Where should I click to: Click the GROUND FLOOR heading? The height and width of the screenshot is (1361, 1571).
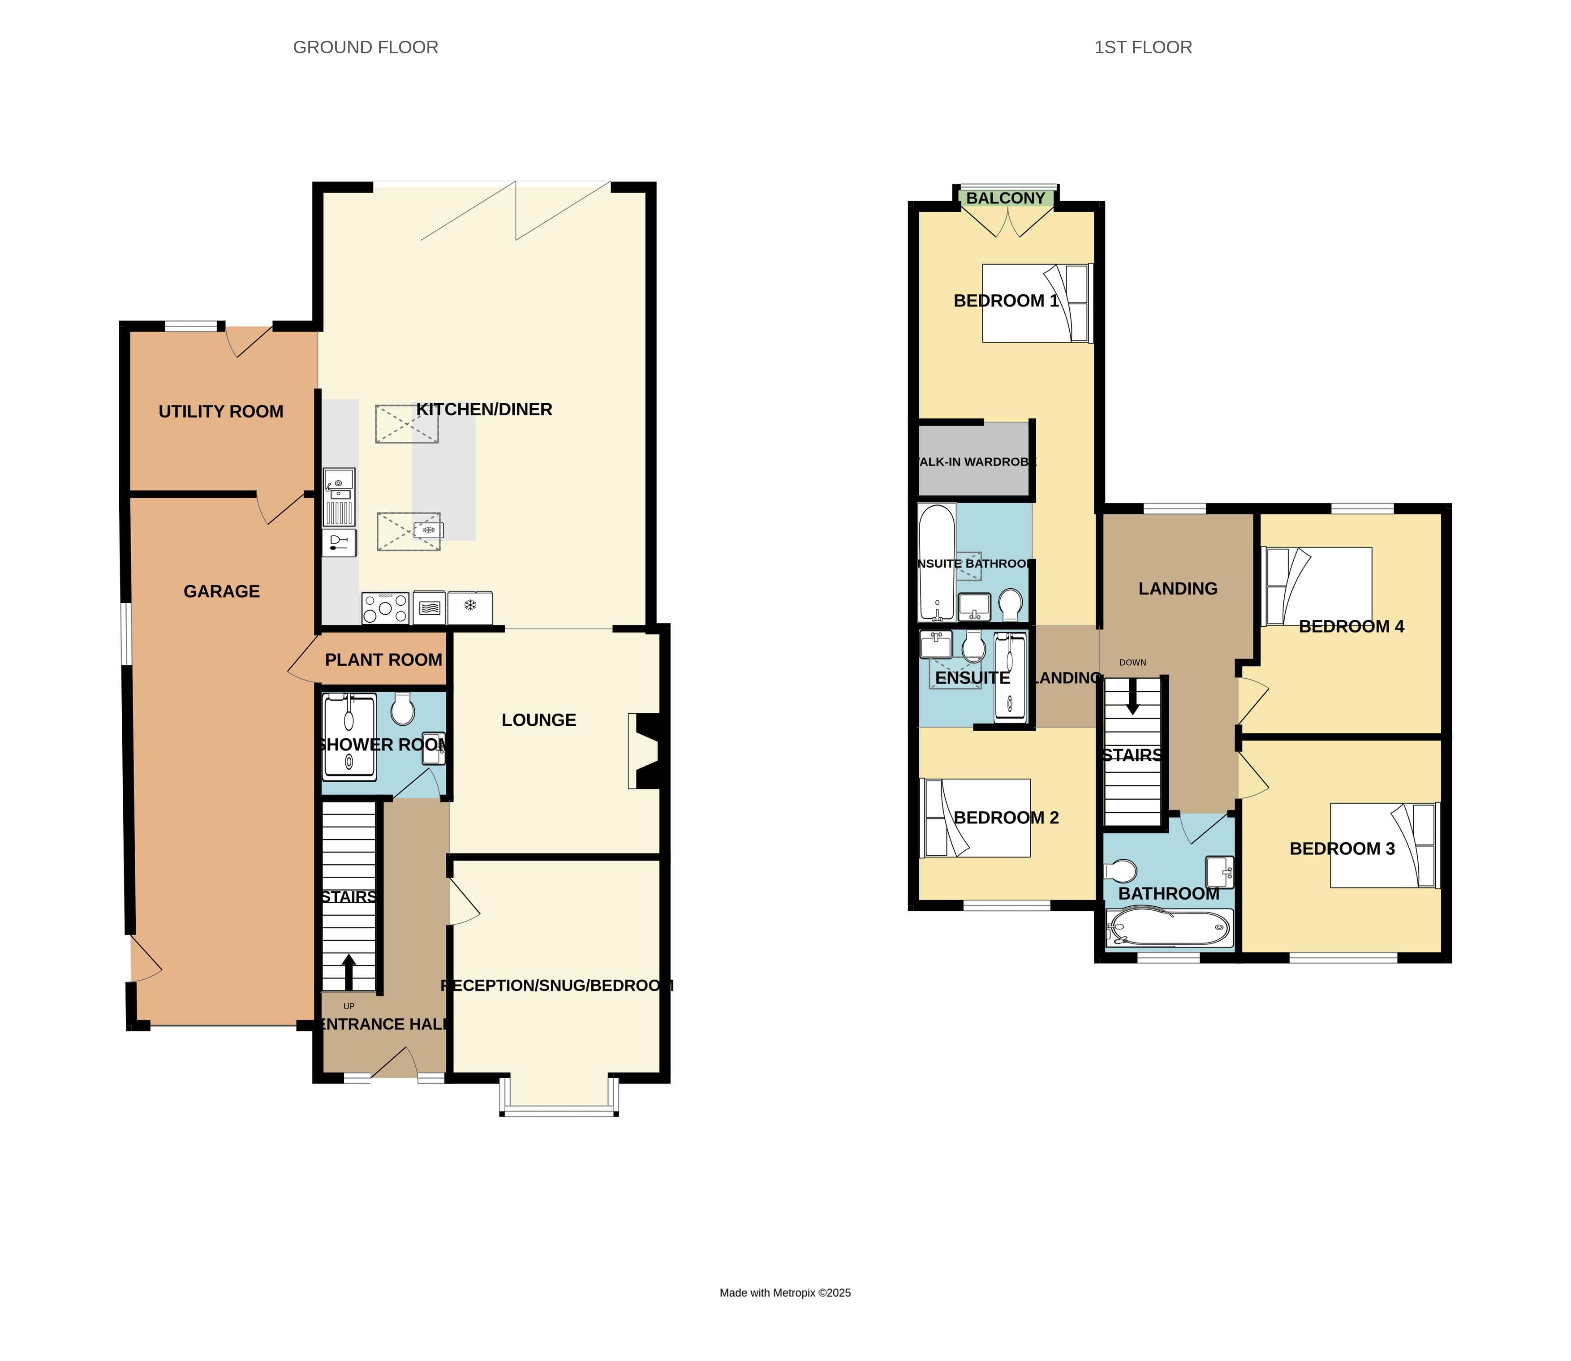point(365,47)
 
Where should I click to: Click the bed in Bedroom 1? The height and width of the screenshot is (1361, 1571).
point(1037,303)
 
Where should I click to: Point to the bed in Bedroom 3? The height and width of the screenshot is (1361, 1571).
point(1383,845)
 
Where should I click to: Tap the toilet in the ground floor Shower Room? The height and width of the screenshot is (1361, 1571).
point(402,710)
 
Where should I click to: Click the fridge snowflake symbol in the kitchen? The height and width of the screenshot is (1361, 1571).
point(470,605)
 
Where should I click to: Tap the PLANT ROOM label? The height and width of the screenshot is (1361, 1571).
point(383,660)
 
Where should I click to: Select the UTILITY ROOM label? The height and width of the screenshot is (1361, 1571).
point(221,412)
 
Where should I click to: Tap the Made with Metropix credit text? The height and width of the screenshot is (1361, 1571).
point(785,1292)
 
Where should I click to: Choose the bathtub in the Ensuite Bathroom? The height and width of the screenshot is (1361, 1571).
point(936,562)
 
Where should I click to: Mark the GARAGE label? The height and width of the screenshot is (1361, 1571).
point(222,592)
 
